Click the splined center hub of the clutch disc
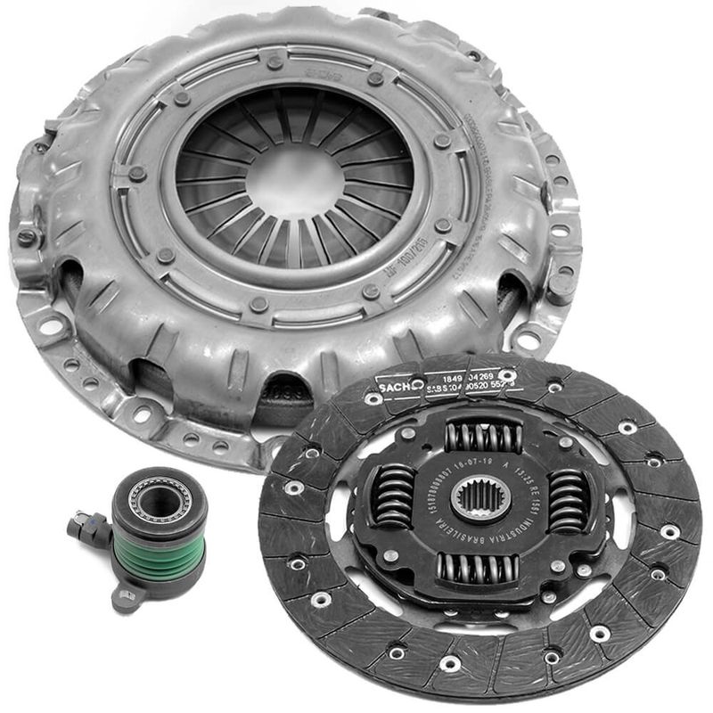[480, 497]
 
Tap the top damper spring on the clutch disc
[482, 436]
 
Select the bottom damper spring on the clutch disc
[479, 566]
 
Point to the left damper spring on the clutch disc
[392, 496]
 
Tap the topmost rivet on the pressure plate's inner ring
[275, 62]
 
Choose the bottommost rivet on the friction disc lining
[450, 663]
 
